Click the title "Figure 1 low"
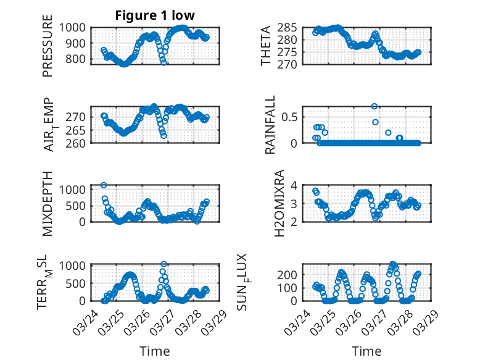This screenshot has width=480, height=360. [155, 16]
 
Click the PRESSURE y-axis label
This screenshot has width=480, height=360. [48, 51]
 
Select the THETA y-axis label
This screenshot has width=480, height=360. [266, 46]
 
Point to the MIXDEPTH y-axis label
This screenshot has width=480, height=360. [48, 203]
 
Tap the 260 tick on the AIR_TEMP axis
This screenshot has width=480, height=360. [78, 143]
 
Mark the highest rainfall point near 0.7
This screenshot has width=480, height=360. [374, 106]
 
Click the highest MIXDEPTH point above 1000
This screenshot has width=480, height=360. [104, 185]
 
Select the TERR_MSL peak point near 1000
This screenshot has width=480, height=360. [163, 264]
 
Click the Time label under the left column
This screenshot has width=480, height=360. [154, 351]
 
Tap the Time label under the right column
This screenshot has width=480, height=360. [366, 351]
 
